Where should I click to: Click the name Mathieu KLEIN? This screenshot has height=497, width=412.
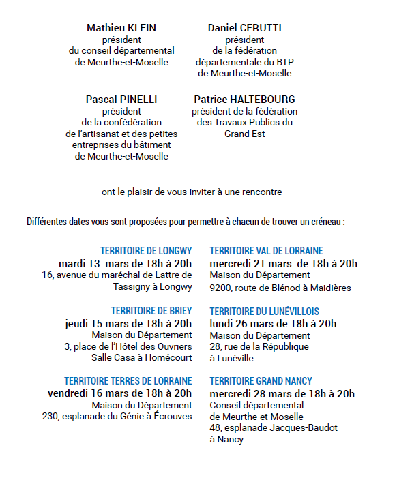(x=121, y=28)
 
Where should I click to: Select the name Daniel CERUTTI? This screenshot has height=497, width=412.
(x=244, y=28)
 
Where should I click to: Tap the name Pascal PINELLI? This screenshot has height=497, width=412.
(x=121, y=100)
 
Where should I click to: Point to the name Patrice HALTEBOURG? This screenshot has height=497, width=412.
(x=244, y=100)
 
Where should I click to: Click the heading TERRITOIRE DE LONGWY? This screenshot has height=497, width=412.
(x=146, y=251)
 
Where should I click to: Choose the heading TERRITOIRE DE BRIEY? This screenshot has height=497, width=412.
(x=151, y=311)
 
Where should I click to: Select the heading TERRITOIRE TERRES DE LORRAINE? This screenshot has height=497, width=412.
(x=128, y=381)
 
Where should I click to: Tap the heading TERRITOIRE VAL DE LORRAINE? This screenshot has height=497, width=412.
(x=266, y=251)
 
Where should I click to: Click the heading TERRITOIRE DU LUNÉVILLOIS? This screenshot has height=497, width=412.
(x=265, y=311)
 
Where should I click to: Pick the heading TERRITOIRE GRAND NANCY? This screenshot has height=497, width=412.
(x=261, y=381)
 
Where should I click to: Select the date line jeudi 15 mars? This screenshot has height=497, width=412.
(x=128, y=323)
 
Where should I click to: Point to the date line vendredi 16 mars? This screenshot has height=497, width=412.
(x=119, y=393)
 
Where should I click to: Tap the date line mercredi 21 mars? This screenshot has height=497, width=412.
(x=283, y=263)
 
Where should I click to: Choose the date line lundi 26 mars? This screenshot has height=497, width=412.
(x=273, y=323)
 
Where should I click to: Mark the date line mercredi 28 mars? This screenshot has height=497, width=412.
(x=282, y=393)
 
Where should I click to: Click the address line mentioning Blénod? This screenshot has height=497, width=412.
(x=280, y=288)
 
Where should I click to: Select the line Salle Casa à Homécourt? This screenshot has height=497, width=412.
(x=143, y=358)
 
